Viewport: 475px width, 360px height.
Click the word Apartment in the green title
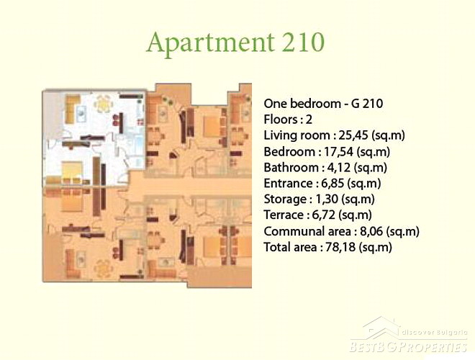[x=211, y=43]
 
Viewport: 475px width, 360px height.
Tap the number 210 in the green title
[x=303, y=42]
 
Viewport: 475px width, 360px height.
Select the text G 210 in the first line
[x=367, y=104]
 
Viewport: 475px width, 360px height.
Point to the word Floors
[x=281, y=120]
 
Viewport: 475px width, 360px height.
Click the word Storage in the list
[x=285, y=199]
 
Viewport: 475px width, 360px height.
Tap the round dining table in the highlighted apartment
[x=104, y=104]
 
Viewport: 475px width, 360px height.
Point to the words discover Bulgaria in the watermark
[x=434, y=333]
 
